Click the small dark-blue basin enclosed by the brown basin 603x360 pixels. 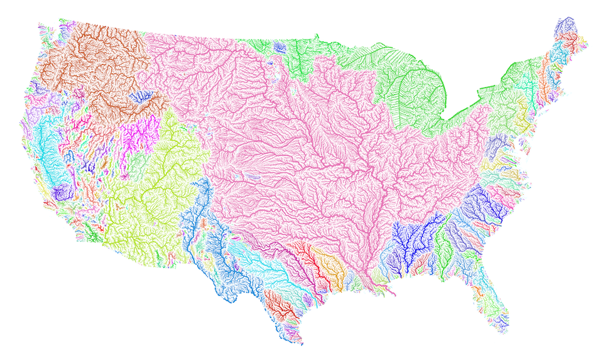click(x=139, y=97)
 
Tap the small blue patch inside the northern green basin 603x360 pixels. click(x=279, y=47)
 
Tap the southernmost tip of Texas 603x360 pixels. click(x=300, y=342)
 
